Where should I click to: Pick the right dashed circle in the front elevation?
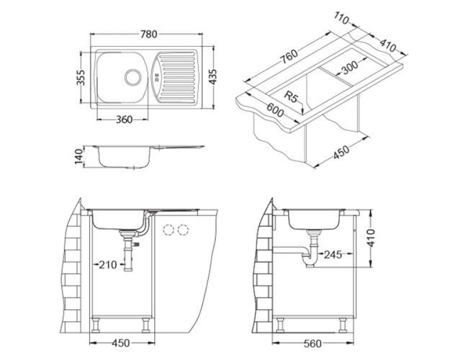[184, 231]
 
